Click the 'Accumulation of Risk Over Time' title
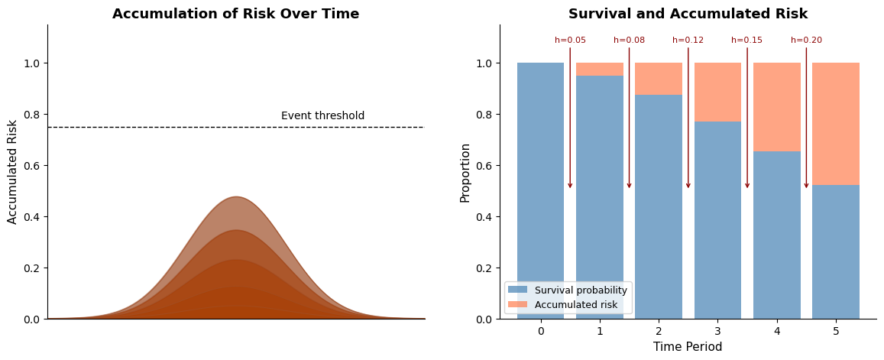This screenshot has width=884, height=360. tap(235, 14)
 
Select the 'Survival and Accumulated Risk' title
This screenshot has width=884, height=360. tap(688, 14)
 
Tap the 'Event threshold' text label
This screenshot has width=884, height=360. tap(322, 116)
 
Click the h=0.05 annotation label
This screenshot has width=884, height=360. tap(570, 41)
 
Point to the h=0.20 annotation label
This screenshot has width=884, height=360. tap(806, 41)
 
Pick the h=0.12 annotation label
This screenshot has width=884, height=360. tap(688, 41)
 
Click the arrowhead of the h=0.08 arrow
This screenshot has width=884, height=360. tap(629, 185)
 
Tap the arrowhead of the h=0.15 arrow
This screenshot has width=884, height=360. tap(747, 185)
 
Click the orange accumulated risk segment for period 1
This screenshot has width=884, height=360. tap(600, 70)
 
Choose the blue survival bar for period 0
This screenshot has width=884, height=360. tap(540, 191)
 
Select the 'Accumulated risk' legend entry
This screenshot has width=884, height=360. tap(573, 305)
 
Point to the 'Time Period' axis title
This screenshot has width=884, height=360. tap(688, 347)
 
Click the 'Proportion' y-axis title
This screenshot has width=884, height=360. tap(465, 172)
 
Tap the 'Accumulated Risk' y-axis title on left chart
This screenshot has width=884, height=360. tap(13, 172)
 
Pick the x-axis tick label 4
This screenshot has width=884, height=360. tap(777, 331)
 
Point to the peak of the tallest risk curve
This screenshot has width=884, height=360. tap(236, 197)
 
